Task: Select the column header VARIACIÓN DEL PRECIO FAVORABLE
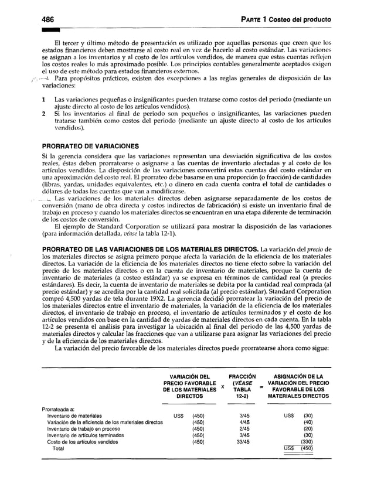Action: pyautogui.click(x=189, y=388)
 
